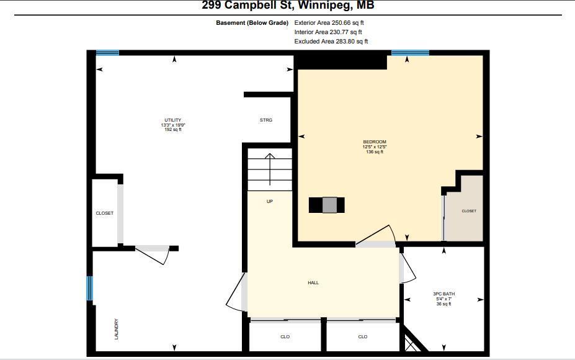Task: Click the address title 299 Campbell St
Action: [288, 6]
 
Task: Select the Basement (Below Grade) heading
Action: [252, 23]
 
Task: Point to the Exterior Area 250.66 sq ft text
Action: [329, 23]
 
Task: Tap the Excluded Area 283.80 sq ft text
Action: [331, 42]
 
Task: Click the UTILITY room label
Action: [173, 120]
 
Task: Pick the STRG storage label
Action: [265, 120]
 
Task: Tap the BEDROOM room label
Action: [374, 142]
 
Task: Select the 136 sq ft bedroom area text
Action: [374, 152]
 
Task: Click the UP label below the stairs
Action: [269, 201]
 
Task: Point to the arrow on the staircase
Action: [269, 168]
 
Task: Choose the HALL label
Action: [313, 283]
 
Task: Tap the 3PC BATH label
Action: [444, 294]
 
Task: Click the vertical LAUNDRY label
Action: [117, 329]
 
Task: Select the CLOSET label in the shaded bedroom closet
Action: [469, 211]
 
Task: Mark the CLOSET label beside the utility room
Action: [104, 214]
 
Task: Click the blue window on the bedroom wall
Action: [410, 53]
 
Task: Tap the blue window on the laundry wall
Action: [89, 289]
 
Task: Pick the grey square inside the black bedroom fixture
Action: [329, 205]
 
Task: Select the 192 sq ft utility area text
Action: [173, 130]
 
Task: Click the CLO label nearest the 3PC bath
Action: [362, 337]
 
